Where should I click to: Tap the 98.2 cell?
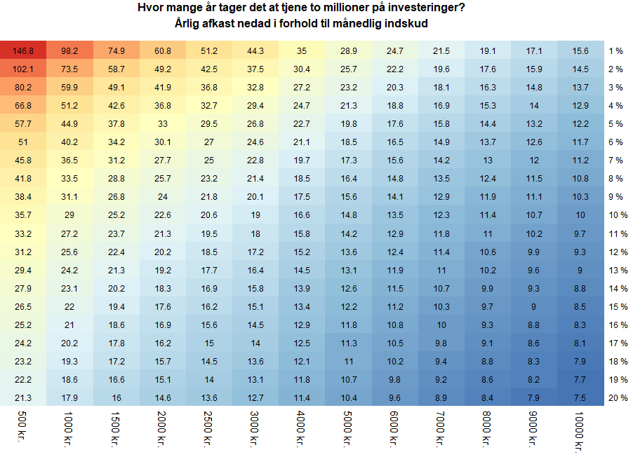tap(69, 50)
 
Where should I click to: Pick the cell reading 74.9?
tap(116, 50)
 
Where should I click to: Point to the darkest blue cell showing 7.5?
tap(580, 397)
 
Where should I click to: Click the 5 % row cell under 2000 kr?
tap(163, 123)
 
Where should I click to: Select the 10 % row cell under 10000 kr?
tap(580, 214)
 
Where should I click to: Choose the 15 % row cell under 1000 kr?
tap(69, 306)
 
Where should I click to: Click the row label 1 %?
tap(615, 50)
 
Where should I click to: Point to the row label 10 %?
tap(618, 214)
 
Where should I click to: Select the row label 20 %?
tap(618, 397)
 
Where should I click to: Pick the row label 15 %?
tap(618, 306)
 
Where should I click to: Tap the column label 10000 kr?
tap(579, 431)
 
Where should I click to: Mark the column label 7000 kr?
tap(440, 429)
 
